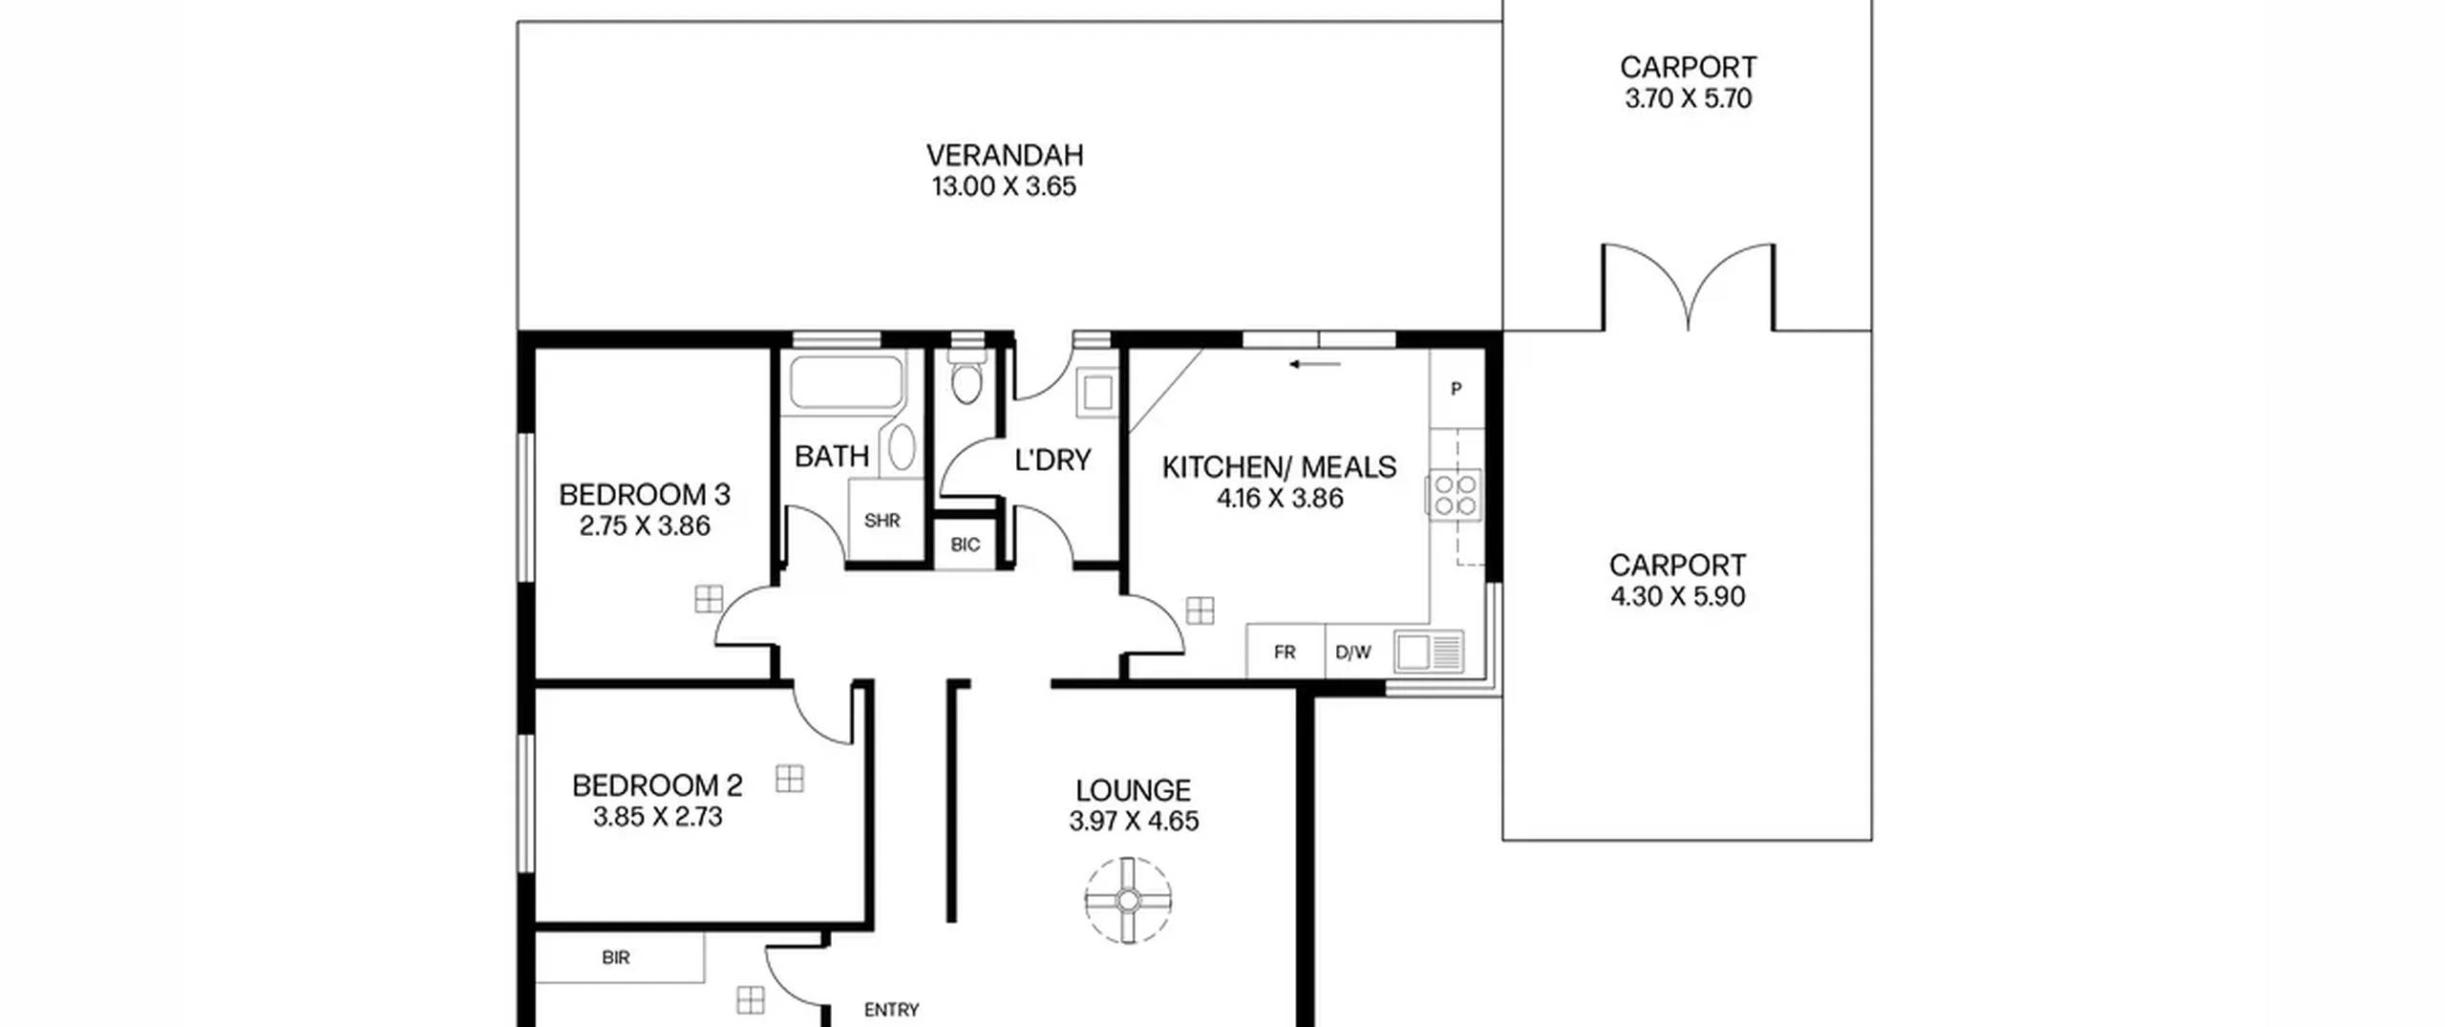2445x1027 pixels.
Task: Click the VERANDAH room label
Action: coord(1005,155)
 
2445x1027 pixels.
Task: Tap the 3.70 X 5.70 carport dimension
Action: coord(1688,98)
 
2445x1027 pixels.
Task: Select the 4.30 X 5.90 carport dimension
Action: coord(1677,596)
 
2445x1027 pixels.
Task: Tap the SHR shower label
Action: coord(882,521)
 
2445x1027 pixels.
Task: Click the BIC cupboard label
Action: coord(965,545)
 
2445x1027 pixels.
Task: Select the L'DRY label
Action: coord(1052,460)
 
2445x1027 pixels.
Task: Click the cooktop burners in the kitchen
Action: coord(1454,496)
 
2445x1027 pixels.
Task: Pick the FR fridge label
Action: coord(1285,652)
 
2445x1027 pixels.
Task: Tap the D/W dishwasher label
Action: coord(1352,653)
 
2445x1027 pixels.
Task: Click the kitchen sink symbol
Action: coord(1429,652)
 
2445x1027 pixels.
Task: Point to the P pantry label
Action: coord(1456,389)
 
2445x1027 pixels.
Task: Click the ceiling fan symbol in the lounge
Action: coord(1128,900)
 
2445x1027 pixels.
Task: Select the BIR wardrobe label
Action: coord(616,957)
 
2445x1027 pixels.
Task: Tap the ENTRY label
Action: coord(891,1010)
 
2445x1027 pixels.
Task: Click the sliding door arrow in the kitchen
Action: coord(1315,364)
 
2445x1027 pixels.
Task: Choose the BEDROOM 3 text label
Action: coord(645,495)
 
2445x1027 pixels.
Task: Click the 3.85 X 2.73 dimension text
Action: coord(657,817)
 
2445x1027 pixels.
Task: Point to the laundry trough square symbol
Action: coord(1096,393)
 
